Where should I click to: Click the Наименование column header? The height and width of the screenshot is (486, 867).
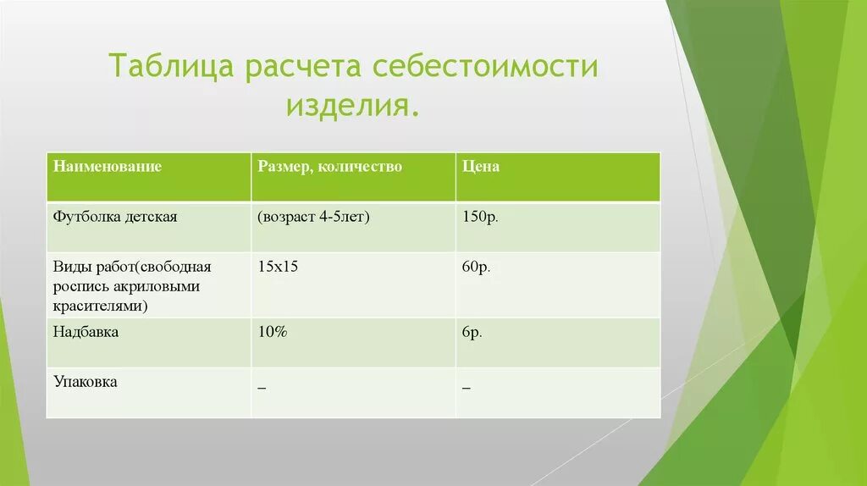coord(108,167)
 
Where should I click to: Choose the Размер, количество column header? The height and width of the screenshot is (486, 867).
coord(330,167)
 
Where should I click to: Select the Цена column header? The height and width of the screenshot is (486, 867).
coord(481,167)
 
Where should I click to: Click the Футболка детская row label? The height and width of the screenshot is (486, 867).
coord(115,217)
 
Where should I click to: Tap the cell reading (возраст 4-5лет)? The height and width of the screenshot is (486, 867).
coord(315,217)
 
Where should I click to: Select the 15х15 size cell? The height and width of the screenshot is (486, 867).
coord(279,267)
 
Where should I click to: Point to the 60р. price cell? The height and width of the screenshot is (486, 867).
coord(477,267)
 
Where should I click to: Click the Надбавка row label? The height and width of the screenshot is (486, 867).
coord(86,333)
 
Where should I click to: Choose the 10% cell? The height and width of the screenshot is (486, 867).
coord(273,333)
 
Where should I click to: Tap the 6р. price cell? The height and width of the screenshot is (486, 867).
coord(472,333)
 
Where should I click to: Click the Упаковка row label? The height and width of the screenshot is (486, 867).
coord(86,383)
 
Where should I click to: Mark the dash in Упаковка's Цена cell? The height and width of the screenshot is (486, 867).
coord(467,388)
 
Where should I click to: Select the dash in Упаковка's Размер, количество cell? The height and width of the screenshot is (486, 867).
coord(262,388)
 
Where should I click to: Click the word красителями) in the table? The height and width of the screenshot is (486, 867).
coord(100,306)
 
